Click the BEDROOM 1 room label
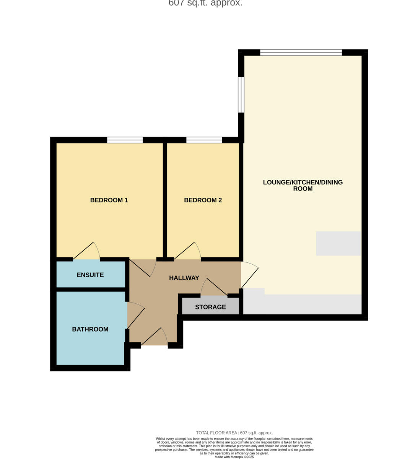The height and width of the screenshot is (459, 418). pyautogui.click(x=109, y=200)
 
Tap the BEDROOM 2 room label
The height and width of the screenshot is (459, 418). pyautogui.click(x=203, y=200)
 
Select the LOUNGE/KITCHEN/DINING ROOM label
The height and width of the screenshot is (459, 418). pyautogui.click(x=303, y=185)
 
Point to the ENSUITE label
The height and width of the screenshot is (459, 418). pyautogui.click(x=90, y=275)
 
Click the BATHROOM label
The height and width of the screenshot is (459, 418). pyautogui.click(x=90, y=329)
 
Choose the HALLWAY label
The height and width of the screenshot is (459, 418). pyautogui.click(x=184, y=278)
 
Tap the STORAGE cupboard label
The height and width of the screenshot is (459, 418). pyautogui.click(x=210, y=307)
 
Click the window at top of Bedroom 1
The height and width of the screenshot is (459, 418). pyautogui.click(x=125, y=140)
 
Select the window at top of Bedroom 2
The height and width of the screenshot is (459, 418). pyautogui.click(x=204, y=140)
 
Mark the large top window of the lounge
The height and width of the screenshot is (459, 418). pyautogui.click(x=301, y=52)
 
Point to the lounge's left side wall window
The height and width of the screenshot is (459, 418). pyautogui.click(x=241, y=95)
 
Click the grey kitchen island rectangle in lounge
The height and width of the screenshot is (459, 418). pyautogui.click(x=338, y=243)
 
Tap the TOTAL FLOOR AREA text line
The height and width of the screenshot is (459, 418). pyautogui.click(x=234, y=433)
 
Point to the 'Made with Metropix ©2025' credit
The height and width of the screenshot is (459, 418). pyautogui.click(x=234, y=457)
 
